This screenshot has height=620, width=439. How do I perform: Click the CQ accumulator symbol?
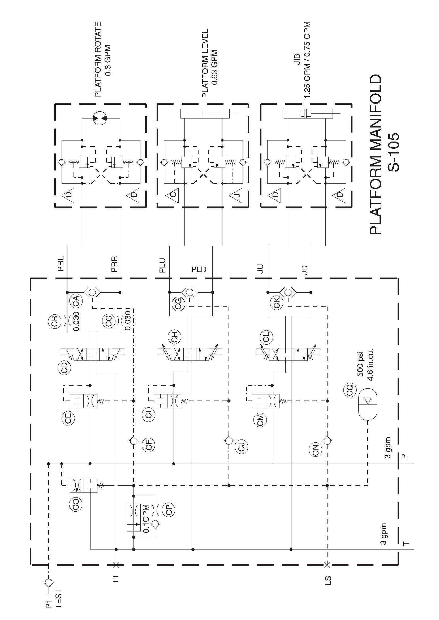point(367,401)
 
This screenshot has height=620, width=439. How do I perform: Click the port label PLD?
point(199,269)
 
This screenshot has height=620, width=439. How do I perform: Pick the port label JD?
point(305,269)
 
